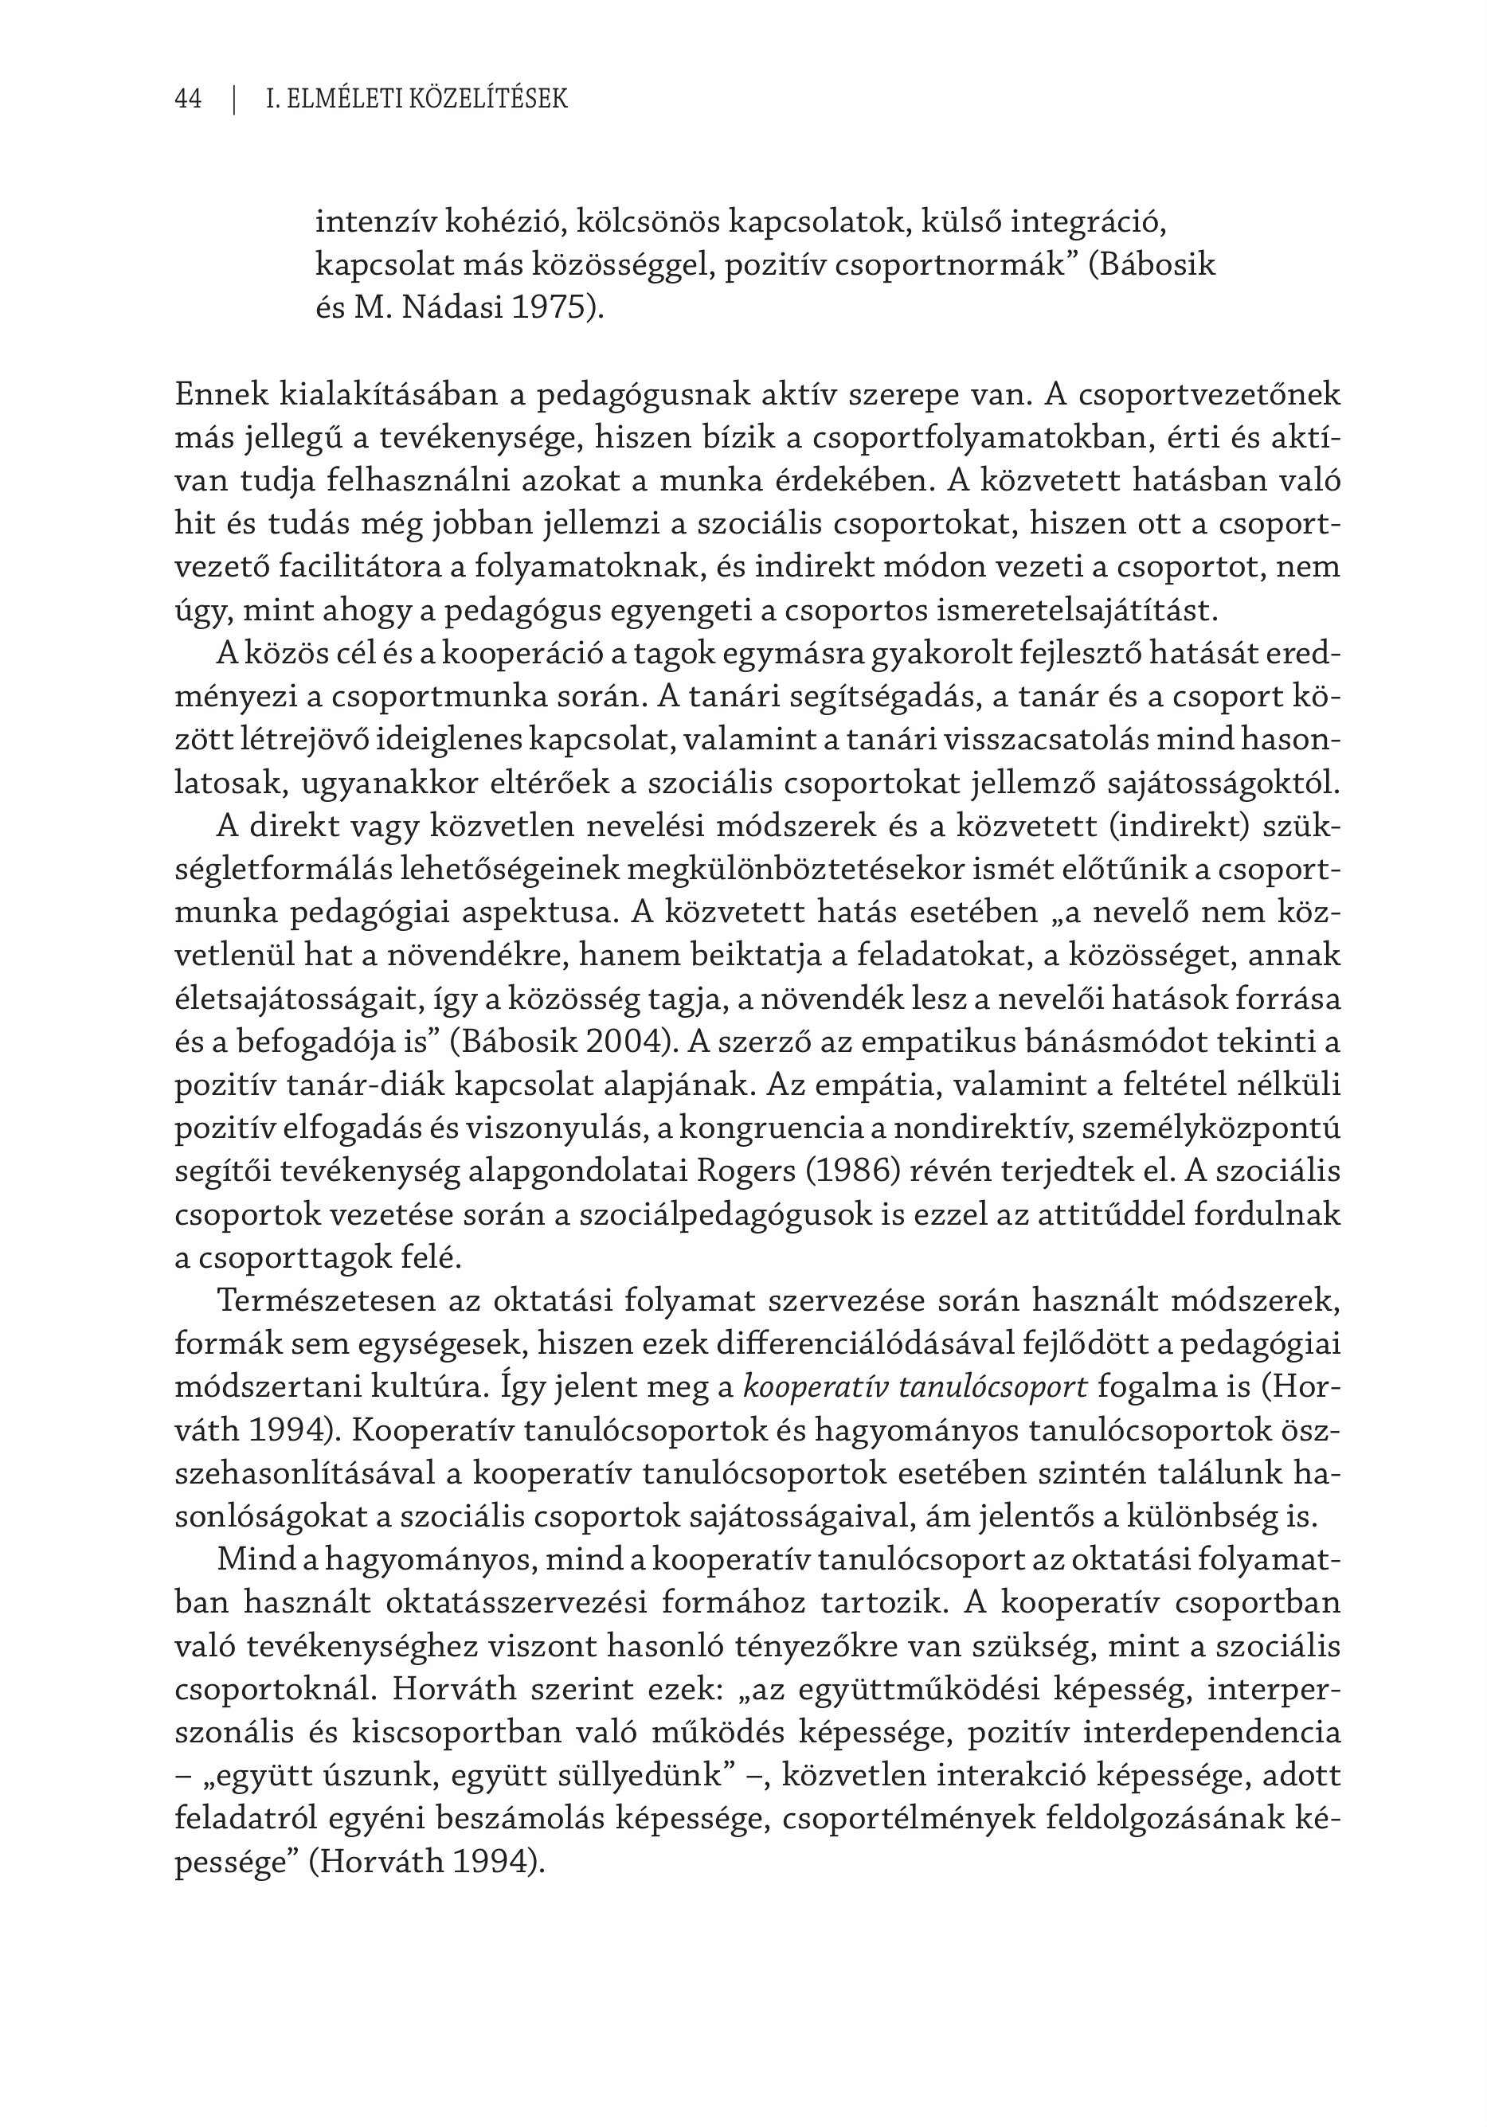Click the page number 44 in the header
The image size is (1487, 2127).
tap(188, 99)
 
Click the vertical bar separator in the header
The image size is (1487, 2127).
tap(234, 99)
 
